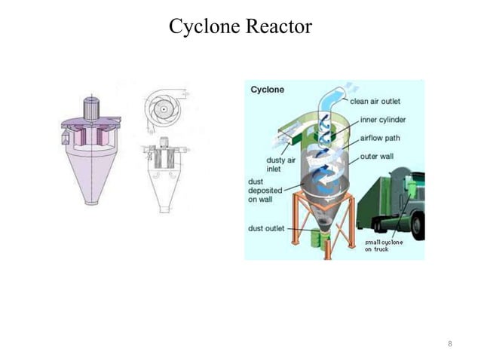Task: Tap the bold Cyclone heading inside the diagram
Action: tap(268, 90)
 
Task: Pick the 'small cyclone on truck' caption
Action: tap(385, 246)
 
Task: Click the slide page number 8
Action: tap(450, 343)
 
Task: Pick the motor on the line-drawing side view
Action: tap(162, 142)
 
